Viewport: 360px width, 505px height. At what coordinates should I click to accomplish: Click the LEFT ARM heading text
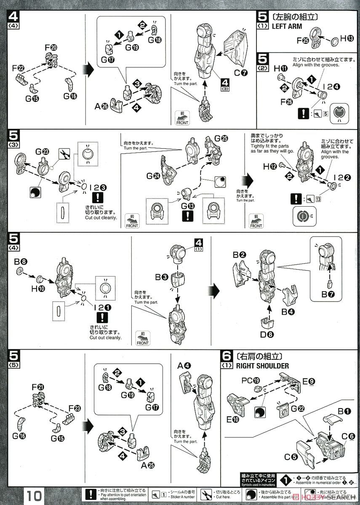[287, 26]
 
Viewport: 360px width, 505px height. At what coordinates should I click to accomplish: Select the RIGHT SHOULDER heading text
[262, 365]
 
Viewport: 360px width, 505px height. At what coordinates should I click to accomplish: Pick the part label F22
[18, 67]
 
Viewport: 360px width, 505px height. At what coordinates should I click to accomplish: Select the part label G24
[153, 176]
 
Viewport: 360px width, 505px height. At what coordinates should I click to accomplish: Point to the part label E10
[234, 419]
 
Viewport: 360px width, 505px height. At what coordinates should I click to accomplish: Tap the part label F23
[75, 408]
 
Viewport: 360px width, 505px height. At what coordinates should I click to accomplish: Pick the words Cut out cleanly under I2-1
[105, 337]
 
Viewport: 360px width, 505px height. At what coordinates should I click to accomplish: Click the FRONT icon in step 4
[182, 118]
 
